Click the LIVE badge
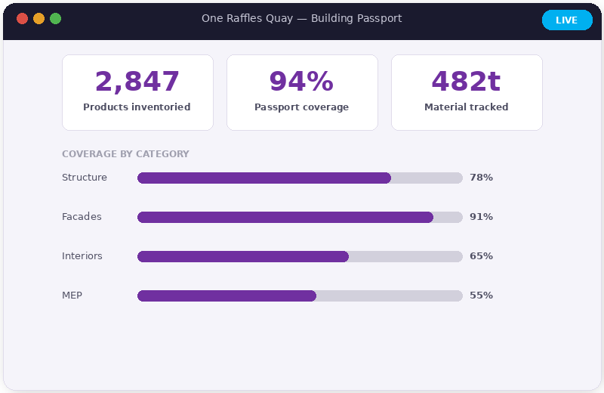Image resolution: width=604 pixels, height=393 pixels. tap(567, 20)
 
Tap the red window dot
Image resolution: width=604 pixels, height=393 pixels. tap(22, 19)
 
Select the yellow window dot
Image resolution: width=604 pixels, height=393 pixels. tap(39, 19)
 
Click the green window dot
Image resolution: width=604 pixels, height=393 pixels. tap(55, 19)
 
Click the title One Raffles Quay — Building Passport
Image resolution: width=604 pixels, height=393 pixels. tap(301, 19)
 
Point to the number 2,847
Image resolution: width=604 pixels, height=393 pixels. tap(137, 82)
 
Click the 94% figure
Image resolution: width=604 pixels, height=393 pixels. tap(301, 82)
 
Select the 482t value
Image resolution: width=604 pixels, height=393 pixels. tap(466, 82)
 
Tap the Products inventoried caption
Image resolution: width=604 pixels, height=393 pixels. tap(137, 107)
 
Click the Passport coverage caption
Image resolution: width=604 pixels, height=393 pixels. tap(301, 107)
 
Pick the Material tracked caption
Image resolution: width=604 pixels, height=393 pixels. tap(466, 107)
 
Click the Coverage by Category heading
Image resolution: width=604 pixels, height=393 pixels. tap(125, 154)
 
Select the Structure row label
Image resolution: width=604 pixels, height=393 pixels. tap(85, 178)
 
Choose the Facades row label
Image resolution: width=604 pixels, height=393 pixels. tap(82, 217)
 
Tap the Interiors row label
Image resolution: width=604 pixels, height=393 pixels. tap(82, 256)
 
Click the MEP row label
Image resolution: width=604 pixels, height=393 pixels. tap(72, 296)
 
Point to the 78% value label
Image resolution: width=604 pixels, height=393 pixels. tap(481, 178)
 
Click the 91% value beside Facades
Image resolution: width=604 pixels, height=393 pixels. tap(481, 217)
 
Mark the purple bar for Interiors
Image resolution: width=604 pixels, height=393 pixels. tap(243, 256)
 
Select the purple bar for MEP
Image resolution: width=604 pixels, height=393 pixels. tap(226, 296)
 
